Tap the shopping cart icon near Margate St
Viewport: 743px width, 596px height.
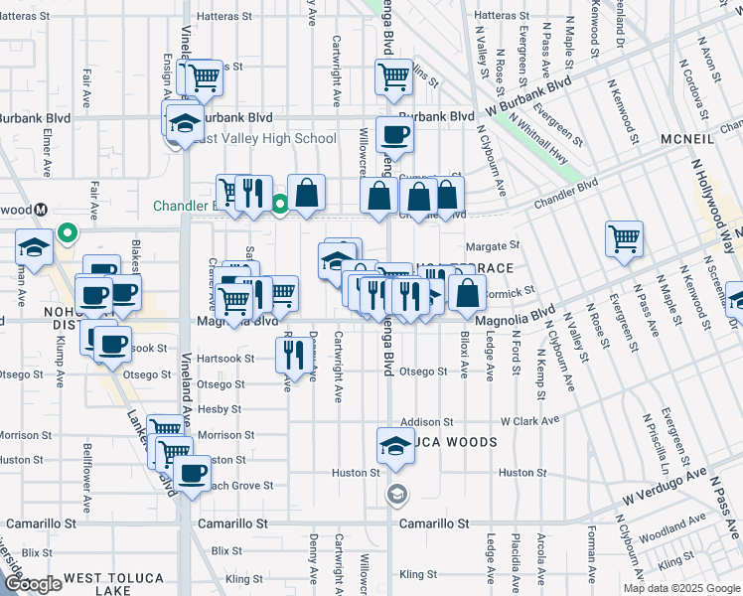pyautogui.click(x=624, y=237)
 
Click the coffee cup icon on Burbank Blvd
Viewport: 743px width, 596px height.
pyautogui.click(x=394, y=136)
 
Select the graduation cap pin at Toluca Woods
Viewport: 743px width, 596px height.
pyautogui.click(x=394, y=446)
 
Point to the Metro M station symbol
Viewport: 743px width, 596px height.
pyautogui.click(x=41, y=210)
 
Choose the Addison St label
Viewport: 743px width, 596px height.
pyautogui.click(x=427, y=422)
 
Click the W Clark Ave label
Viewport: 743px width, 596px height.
pyautogui.click(x=529, y=421)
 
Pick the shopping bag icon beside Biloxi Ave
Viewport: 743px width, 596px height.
pyautogui.click(x=467, y=293)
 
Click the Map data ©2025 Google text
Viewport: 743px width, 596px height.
pyautogui.click(x=680, y=588)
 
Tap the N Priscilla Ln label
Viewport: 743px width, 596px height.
pyautogui.click(x=649, y=437)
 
